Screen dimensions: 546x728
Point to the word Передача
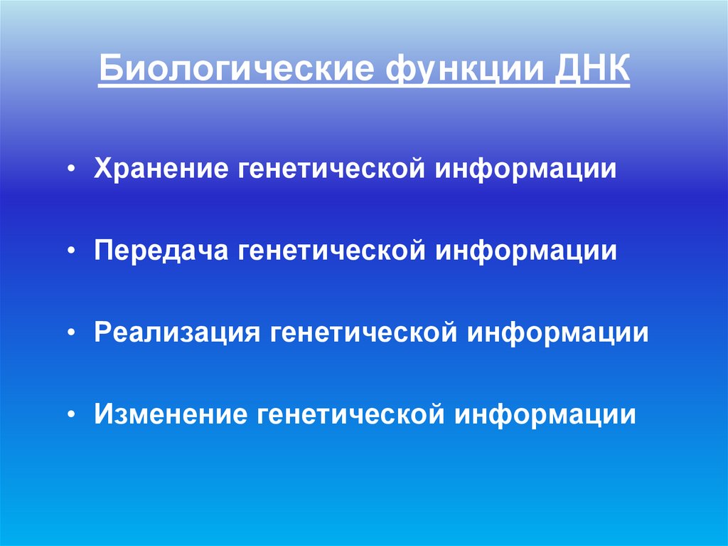coord(161,251)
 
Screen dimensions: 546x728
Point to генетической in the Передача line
coord(332,251)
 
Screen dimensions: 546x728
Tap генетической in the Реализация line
coord(362,332)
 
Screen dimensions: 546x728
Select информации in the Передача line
coord(527,251)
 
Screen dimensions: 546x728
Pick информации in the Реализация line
coord(557,332)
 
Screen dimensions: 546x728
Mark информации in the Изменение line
coord(545,414)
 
